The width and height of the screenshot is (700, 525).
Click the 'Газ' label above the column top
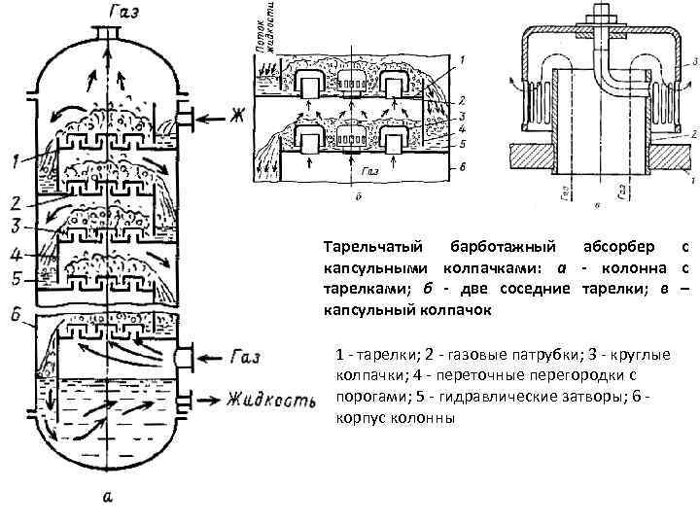[110, 11]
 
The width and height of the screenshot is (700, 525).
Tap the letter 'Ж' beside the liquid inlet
[235, 119]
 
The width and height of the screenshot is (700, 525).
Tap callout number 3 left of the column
[17, 227]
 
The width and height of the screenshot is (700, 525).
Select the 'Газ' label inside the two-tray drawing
[367, 172]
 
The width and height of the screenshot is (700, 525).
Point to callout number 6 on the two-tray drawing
[464, 167]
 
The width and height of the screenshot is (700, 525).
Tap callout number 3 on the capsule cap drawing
[694, 61]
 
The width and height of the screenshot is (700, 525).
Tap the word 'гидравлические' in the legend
[461, 398]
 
